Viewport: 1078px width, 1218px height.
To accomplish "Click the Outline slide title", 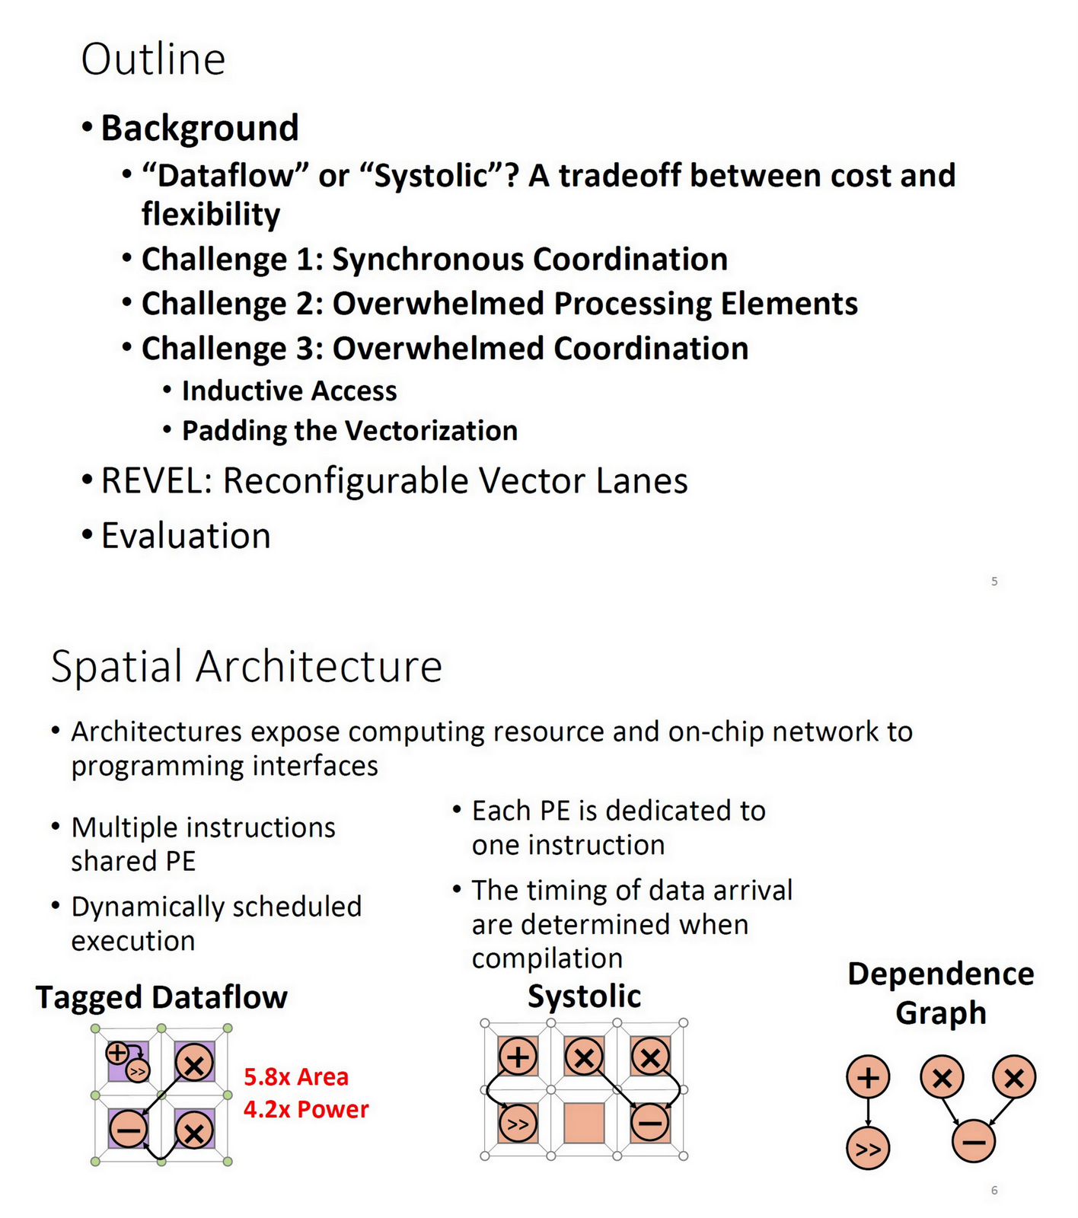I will tap(153, 59).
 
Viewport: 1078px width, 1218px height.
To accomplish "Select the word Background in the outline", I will tap(199, 128).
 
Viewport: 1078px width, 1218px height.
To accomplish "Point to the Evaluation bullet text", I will tap(186, 536).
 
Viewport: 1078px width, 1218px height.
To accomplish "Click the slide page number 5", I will tap(994, 582).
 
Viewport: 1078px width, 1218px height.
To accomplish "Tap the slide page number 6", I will tap(994, 1191).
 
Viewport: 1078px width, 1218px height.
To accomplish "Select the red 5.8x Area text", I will tap(296, 1077).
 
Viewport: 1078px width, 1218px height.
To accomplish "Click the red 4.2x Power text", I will tap(306, 1109).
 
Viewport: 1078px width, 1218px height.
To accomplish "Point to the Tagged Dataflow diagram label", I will tap(161, 997).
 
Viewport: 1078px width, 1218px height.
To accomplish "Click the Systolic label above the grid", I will tap(584, 996).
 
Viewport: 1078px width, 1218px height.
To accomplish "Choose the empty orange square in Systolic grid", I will tap(584, 1123).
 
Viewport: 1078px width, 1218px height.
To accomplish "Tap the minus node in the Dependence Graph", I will tap(974, 1141).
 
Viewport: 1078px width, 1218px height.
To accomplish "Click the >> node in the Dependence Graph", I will tap(868, 1149).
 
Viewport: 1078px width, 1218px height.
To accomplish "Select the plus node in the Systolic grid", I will tap(518, 1057).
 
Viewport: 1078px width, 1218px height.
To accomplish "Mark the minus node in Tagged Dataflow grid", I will tap(128, 1128).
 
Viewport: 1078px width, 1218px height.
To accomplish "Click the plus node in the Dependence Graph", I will tap(868, 1077).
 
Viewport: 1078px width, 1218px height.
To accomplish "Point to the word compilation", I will tap(547, 958).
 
